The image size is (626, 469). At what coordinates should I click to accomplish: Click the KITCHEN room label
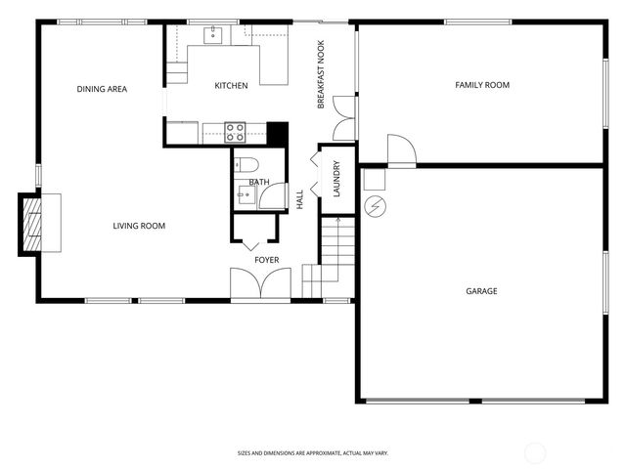(231, 86)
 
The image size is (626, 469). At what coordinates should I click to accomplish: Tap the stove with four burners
(235, 131)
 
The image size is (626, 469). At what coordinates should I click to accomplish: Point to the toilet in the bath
(246, 163)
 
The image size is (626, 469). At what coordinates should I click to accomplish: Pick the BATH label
(259, 182)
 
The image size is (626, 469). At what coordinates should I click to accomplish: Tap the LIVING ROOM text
(138, 227)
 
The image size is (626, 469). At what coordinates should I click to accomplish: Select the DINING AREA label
(102, 90)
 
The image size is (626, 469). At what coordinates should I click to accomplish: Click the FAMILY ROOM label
(482, 86)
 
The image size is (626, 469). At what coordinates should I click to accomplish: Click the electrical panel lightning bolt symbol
(375, 207)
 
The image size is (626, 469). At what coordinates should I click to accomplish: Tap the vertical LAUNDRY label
(335, 179)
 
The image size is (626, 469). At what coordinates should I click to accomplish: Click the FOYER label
(266, 260)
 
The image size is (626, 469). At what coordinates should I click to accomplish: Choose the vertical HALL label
(300, 199)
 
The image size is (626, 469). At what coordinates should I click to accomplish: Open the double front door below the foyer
(260, 284)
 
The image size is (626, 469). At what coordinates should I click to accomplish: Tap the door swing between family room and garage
(401, 150)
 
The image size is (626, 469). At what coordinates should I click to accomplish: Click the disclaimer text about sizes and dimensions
(312, 452)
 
